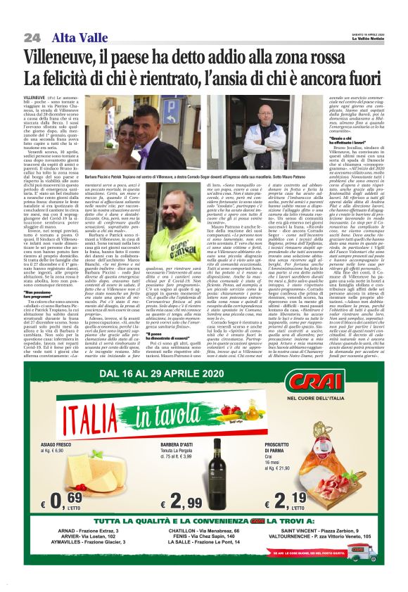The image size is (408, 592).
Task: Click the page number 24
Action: pos(32,37)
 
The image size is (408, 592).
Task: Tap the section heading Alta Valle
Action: pos(75,37)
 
